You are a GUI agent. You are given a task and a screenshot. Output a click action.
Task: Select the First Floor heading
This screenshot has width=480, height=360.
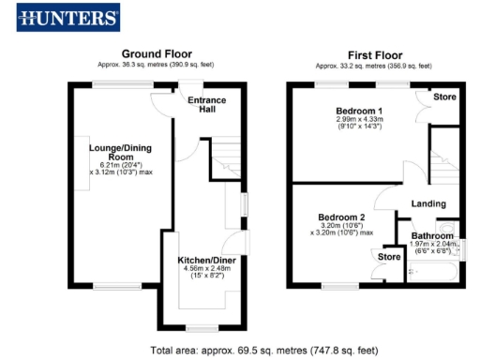tap(373, 54)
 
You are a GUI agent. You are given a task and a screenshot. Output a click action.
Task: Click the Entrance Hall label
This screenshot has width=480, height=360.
tap(201, 104)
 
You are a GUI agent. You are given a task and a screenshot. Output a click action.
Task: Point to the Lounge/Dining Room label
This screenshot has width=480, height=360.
tap(119, 154)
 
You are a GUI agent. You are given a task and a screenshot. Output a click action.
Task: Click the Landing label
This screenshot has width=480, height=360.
tap(428, 203)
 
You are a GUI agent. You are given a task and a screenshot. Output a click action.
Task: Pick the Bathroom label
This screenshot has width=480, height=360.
tap(432, 235)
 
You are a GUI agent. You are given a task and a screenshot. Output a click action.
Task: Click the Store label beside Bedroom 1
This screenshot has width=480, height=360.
tap(443, 97)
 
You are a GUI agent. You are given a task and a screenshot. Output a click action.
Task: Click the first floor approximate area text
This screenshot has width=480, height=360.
tap(373, 66)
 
